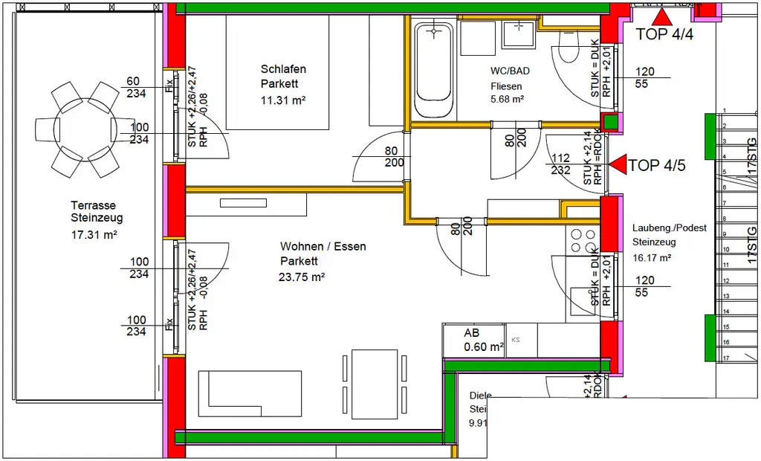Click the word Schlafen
(x=283, y=69)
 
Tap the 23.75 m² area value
(x=302, y=277)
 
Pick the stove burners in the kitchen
(x=583, y=240)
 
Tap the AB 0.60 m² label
(x=483, y=341)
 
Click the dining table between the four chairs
(x=375, y=383)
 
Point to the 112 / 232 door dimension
(x=561, y=164)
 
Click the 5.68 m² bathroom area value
(x=507, y=100)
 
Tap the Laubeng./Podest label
(x=669, y=228)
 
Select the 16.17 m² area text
(x=652, y=257)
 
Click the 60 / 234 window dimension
(x=133, y=87)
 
